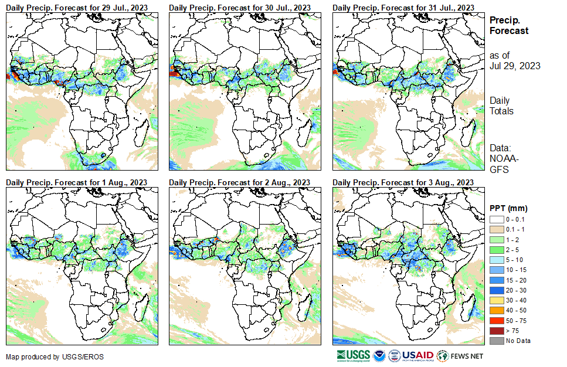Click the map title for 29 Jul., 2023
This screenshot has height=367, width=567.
click(x=77, y=7)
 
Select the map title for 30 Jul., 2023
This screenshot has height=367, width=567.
click(x=240, y=7)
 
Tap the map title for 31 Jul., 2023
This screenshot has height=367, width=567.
click(x=403, y=7)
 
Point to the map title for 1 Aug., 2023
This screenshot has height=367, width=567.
click(x=76, y=183)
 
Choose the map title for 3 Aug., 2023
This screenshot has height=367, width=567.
click(x=403, y=183)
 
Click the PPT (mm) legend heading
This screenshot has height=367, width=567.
click(x=508, y=208)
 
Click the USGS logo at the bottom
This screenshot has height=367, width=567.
click(x=354, y=356)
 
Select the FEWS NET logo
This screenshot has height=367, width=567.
click(x=461, y=356)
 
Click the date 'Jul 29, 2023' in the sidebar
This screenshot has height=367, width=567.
click(x=515, y=66)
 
